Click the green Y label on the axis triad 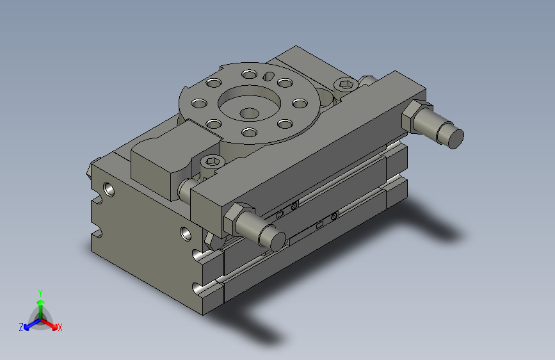click(x=40, y=292)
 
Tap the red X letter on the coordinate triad click(x=60, y=328)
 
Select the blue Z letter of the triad click(x=21, y=327)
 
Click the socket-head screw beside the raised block click(x=213, y=163)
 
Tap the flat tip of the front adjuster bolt click(x=277, y=241)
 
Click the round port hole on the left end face click(x=110, y=189)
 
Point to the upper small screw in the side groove click(x=294, y=206)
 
